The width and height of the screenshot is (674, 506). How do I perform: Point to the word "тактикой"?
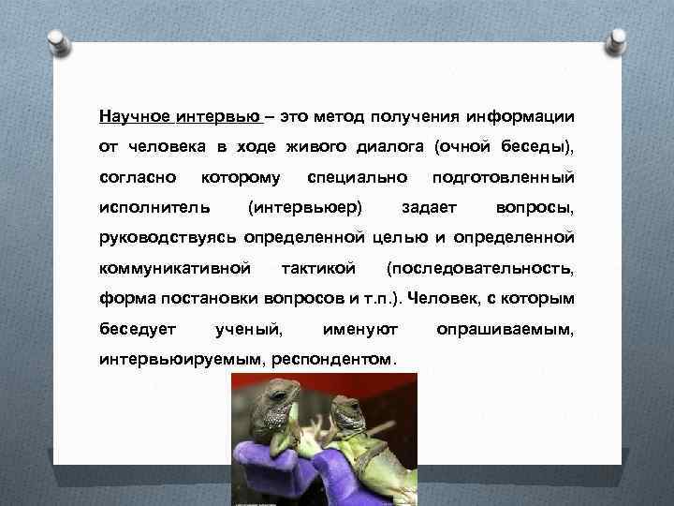318,269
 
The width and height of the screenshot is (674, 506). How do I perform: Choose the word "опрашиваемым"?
506,329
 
